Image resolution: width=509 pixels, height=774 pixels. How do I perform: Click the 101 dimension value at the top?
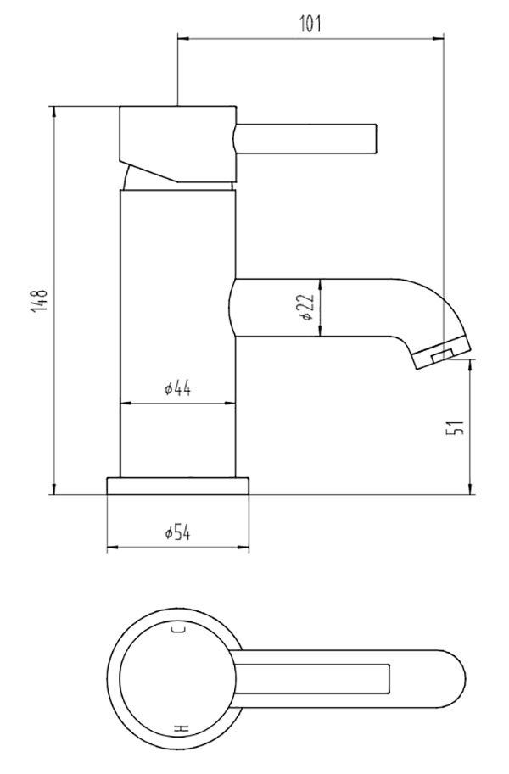point(310,24)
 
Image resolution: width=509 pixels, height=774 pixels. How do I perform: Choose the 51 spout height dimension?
point(457,427)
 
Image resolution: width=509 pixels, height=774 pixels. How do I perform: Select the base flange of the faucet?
point(178,485)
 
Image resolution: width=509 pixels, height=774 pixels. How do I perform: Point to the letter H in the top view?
point(179,729)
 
